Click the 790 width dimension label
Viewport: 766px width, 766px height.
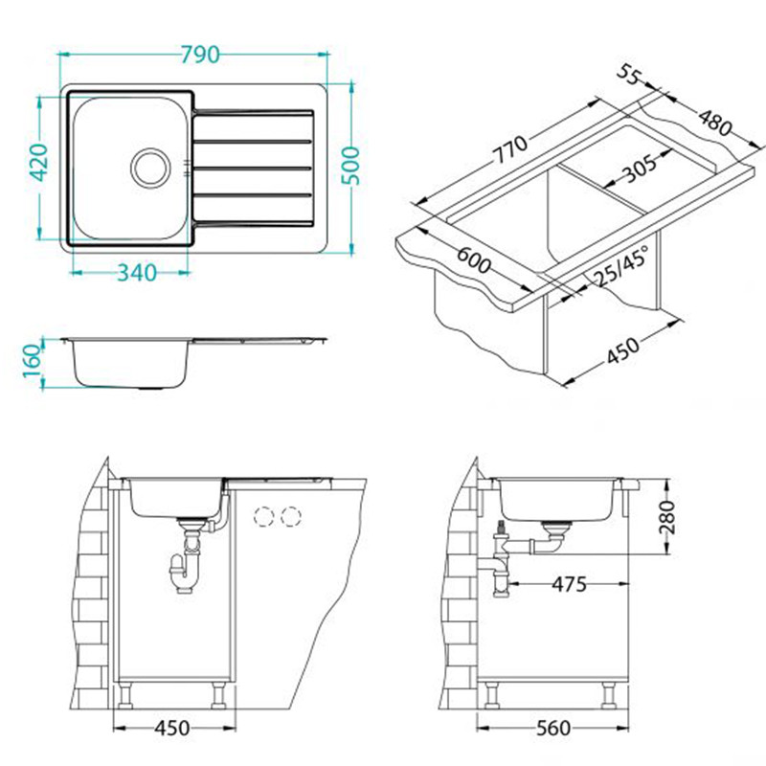[x=200, y=55]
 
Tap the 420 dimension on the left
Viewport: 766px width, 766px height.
[x=39, y=162]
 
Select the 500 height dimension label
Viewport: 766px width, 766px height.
[x=349, y=166]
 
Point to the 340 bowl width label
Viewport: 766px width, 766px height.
[x=137, y=273]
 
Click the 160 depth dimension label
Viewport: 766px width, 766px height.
[x=33, y=361]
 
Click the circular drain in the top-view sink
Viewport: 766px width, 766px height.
[x=151, y=168]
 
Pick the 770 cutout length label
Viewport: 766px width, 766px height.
[x=509, y=149]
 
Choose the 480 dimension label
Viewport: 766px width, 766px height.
[x=715, y=123]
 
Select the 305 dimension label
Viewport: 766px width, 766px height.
[x=640, y=168]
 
